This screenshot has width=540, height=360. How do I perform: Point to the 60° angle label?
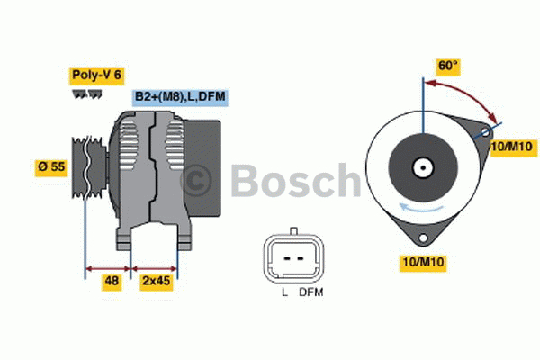click(x=448, y=66)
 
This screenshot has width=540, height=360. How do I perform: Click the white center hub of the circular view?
click(x=421, y=167)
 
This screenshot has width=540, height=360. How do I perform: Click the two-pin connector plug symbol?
click(x=292, y=259)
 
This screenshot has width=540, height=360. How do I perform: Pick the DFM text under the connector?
click(x=310, y=293)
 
